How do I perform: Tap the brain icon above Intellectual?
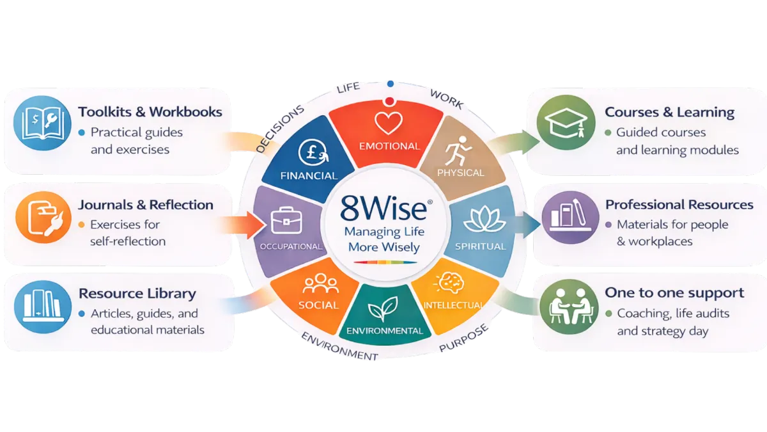[x=447, y=282]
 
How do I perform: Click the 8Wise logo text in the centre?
[x=379, y=209]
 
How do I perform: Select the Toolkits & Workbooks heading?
[x=150, y=112]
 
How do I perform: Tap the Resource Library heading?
[x=137, y=294]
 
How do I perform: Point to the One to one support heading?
[x=674, y=293]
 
